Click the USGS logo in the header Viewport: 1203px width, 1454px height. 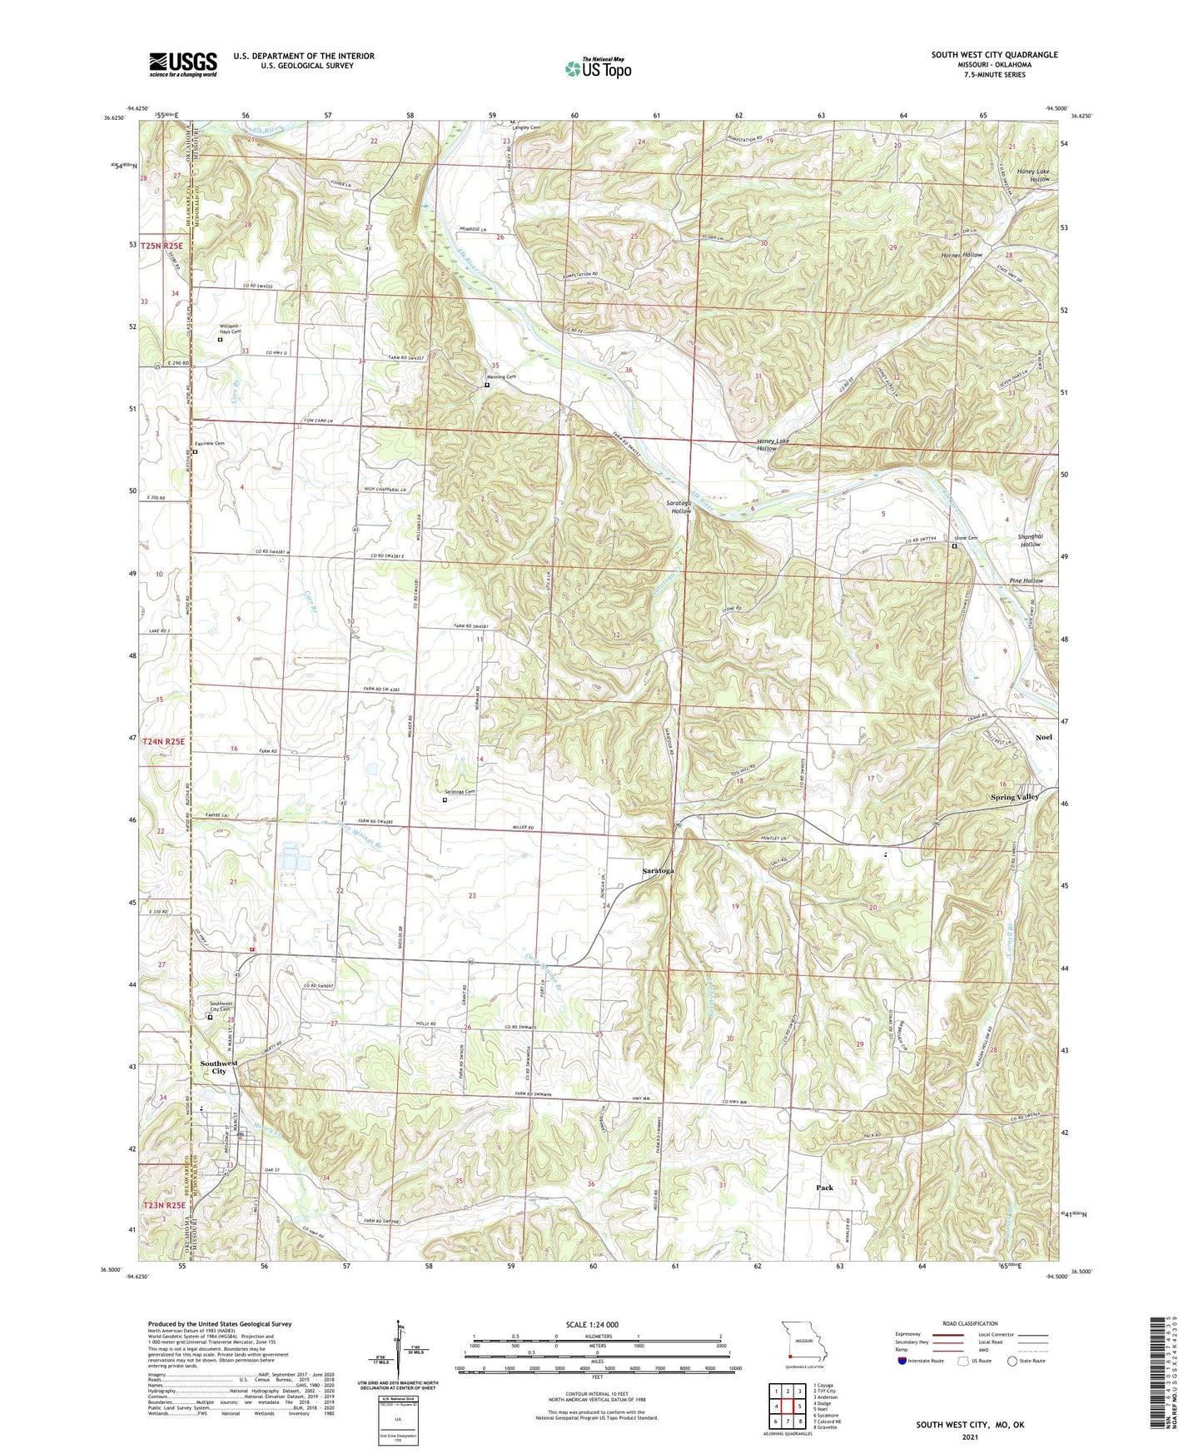coord(183,63)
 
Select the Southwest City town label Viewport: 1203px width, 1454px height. coord(219,1067)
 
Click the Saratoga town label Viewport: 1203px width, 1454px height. coord(658,870)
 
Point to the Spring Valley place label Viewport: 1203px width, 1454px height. coord(1014,797)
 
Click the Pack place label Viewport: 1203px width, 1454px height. coord(824,1188)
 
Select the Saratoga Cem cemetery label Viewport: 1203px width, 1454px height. coord(460,792)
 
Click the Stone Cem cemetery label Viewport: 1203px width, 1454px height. coord(965,538)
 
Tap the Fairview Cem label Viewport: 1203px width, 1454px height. coord(209,444)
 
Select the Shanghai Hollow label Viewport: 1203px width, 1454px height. coord(1030,540)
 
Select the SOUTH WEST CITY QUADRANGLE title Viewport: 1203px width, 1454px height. coord(994,55)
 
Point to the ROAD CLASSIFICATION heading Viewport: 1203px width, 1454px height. coord(971,1323)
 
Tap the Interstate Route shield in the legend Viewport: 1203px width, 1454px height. coord(903,1362)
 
